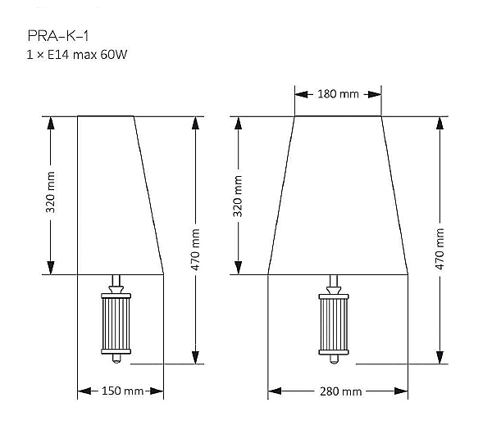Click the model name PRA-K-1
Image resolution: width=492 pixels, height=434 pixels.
58,36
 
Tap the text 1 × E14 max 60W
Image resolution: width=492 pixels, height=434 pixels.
77,55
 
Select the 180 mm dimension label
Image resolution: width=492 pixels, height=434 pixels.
338,93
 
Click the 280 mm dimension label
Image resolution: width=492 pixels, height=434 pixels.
341,391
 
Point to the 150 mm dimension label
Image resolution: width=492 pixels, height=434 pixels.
123,391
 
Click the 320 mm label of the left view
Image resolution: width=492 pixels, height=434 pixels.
50,192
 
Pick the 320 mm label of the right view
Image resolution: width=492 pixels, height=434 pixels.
238,197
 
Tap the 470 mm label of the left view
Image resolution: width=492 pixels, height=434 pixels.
195,250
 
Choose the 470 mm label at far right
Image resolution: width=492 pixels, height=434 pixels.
440,249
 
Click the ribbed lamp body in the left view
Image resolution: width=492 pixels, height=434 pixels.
116,323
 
